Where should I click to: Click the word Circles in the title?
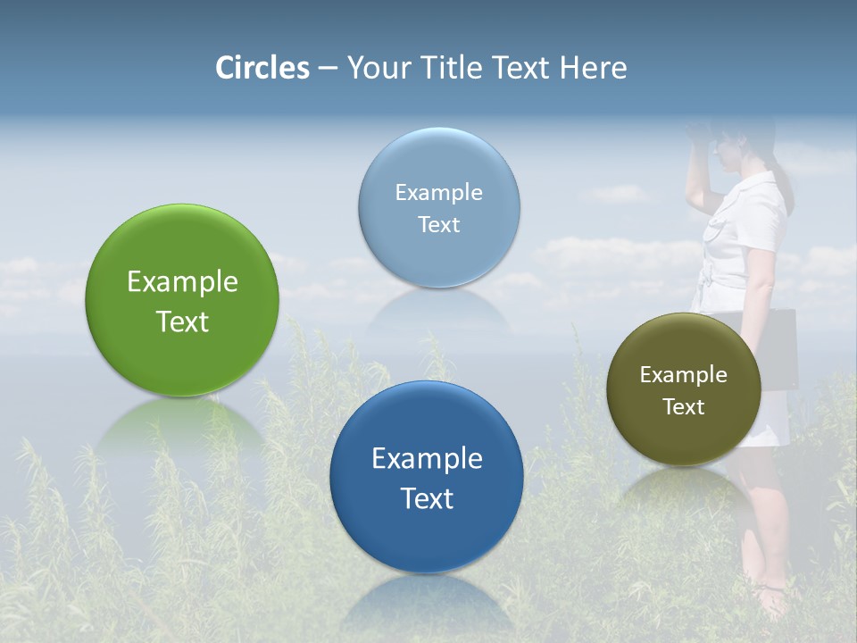point(262,68)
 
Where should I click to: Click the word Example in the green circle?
point(182,282)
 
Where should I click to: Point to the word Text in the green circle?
point(182,321)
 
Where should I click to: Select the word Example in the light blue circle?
point(438,193)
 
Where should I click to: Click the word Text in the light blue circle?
point(438,225)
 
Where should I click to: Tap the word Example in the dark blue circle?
point(427,459)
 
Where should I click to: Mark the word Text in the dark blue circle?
point(427,498)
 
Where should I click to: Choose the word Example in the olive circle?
point(684,375)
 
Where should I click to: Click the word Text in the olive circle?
point(684,407)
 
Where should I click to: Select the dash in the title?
point(328,69)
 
